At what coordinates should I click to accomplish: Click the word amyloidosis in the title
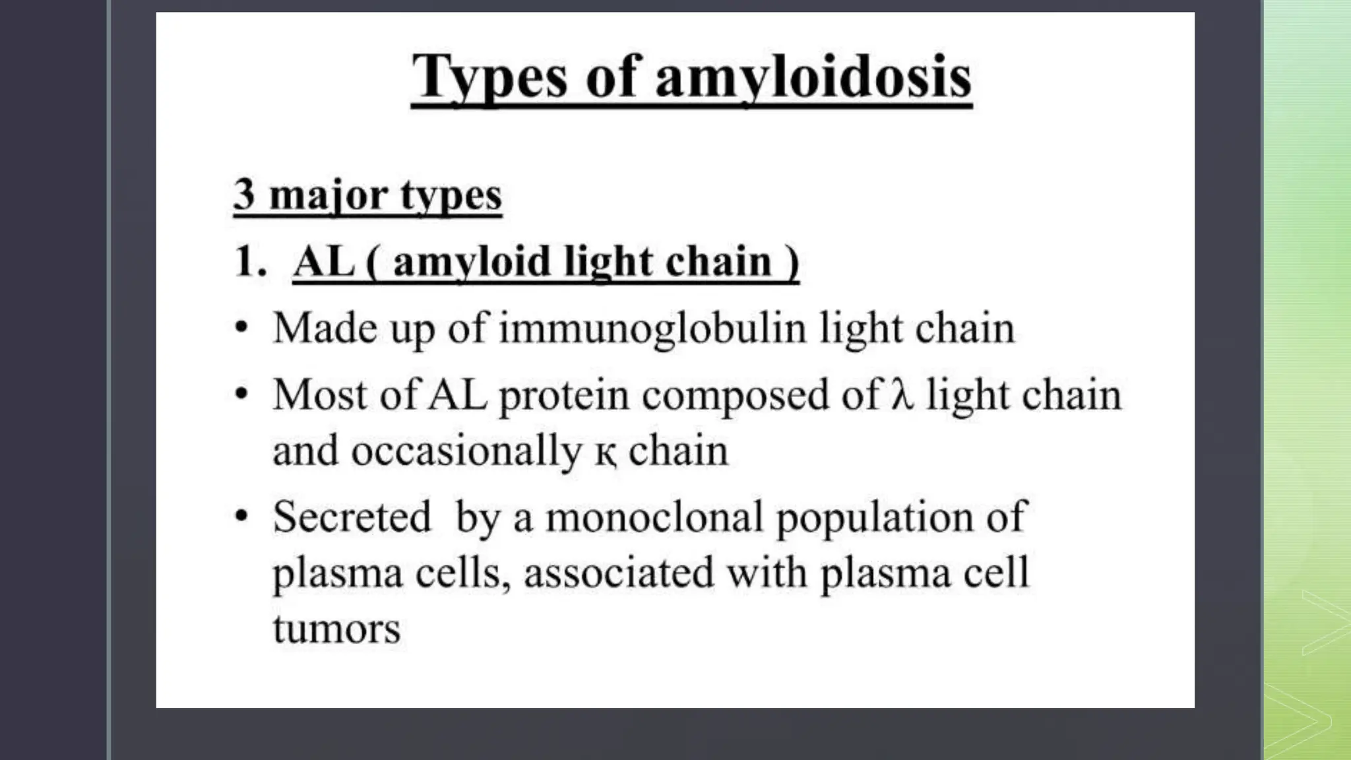click(813, 78)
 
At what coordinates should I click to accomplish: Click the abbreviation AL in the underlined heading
click(324, 261)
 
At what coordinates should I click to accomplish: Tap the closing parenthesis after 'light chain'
click(792, 263)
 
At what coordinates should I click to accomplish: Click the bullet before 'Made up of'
click(242, 327)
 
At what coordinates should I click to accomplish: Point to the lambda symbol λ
click(902, 395)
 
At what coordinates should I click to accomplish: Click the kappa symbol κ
click(606, 453)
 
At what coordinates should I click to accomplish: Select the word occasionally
click(466, 452)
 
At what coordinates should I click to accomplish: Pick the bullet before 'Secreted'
click(242, 516)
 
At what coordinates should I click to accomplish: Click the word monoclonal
click(654, 517)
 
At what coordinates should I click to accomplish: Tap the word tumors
click(336, 629)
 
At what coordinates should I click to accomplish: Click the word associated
click(619, 573)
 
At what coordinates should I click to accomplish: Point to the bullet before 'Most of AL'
click(242, 394)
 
